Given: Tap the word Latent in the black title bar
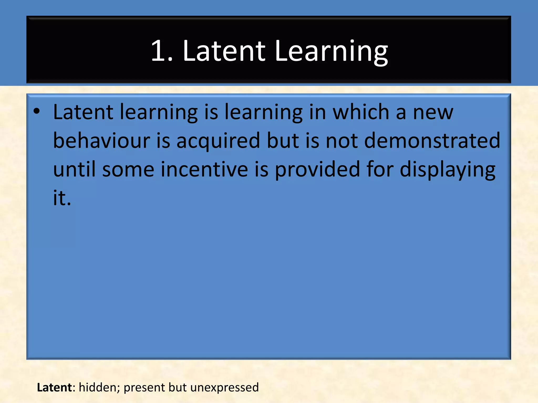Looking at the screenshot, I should pyautogui.click(x=224, y=51).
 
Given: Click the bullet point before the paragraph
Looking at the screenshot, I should pyautogui.click(x=37, y=112).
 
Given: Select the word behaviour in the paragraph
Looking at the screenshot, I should pyautogui.click(x=101, y=140).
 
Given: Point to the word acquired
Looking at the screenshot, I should pyautogui.click(x=218, y=140).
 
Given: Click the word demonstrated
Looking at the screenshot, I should pyautogui.click(x=432, y=140).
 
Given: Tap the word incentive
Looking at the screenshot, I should pyautogui.click(x=204, y=169).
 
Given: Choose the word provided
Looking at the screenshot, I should pyautogui.click(x=317, y=169).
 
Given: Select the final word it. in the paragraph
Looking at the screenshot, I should pyautogui.click(x=62, y=198).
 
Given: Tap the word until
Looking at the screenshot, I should pyautogui.click(x=74, y=169).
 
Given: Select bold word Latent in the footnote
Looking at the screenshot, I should pyautogui.click(x=54, y=387).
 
